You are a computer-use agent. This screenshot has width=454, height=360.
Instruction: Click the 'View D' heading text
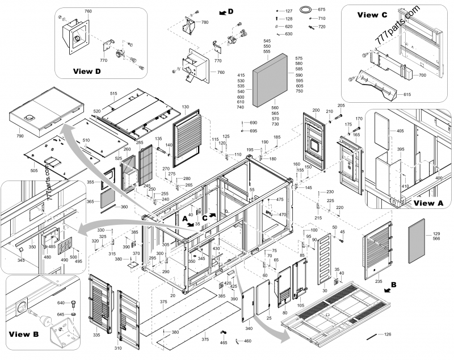(x=87, y=72)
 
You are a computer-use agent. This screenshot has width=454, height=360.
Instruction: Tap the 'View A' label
(x=429, y=203)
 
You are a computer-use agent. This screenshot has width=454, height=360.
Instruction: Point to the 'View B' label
(x=23, y=334)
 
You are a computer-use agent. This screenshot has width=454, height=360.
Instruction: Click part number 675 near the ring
(x=322, y=10)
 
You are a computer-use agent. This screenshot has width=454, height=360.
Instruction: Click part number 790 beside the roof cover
(x=20, y=136)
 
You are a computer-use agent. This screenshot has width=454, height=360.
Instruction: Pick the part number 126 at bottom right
(x=388, y=334)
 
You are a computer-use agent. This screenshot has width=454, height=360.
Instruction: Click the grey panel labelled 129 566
(x=421, y=237)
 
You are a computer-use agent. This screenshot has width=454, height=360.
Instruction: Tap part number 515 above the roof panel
(x=113, y=93)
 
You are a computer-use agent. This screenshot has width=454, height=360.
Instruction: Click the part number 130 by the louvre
(x=185, y=107)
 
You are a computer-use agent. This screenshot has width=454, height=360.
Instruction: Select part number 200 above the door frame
(x=316, y=109)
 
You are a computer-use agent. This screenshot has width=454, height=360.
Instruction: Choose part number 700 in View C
(x=422, y=75)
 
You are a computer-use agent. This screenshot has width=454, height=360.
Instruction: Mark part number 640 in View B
(x=61, y=303)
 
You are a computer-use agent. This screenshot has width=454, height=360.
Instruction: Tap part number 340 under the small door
(x=249, y=328)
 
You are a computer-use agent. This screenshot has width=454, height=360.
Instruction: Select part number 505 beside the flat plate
(x=33, y=169)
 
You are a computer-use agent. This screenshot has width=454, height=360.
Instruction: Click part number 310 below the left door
(x=118, y=348)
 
